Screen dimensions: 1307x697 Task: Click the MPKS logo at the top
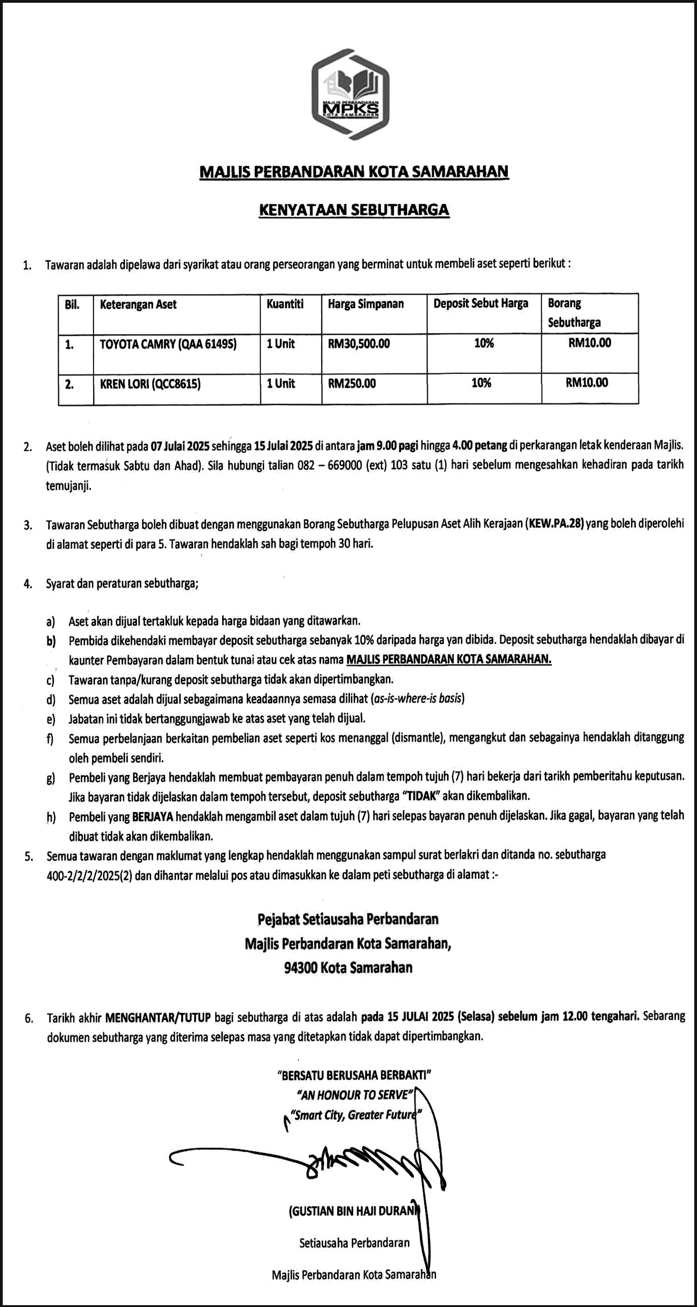coord(350,95)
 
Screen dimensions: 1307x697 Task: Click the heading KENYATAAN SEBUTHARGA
coord(354,210)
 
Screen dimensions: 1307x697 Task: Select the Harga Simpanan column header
coord(366,304)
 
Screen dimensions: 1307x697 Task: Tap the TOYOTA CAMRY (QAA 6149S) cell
coord(168,345)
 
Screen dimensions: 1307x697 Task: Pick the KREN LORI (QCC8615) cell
coord(150,384)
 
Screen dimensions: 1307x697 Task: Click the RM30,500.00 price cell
coord(359,344)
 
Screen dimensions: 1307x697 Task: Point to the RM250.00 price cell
coord(352,384)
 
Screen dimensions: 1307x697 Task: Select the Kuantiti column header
coord(285,304)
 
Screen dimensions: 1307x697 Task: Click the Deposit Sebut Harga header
coord(480,303)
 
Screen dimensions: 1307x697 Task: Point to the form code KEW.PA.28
coord(555,523)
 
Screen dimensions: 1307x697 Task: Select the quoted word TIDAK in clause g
coord(421,796)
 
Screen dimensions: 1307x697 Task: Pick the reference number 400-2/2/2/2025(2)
coord(89,875)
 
